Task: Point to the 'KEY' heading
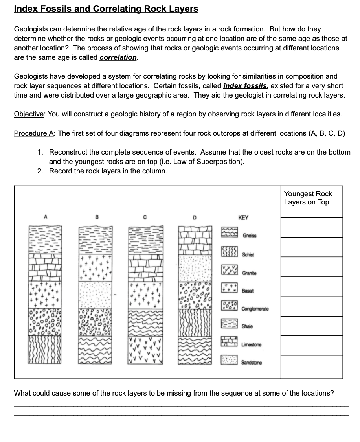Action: point(244,217)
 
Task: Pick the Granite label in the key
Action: point(250,273)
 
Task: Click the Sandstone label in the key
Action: point(252,361)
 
